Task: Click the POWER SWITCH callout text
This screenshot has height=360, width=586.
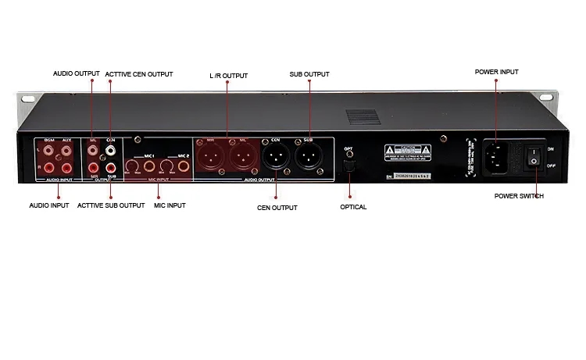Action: point(519,196)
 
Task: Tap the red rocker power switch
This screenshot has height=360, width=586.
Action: point(534,155)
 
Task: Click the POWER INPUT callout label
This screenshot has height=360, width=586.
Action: point(496,72)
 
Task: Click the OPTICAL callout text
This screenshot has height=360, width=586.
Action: point(353,207)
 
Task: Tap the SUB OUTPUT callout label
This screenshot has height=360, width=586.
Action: point(309,75)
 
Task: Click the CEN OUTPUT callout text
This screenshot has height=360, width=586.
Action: point(277,208)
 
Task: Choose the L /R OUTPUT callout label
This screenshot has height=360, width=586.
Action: point(228,76)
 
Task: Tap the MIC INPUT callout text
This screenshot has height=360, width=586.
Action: point(170,205)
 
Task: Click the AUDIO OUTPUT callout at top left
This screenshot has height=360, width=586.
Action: point(77,74)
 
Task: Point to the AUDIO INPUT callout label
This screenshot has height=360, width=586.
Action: point(49,205)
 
